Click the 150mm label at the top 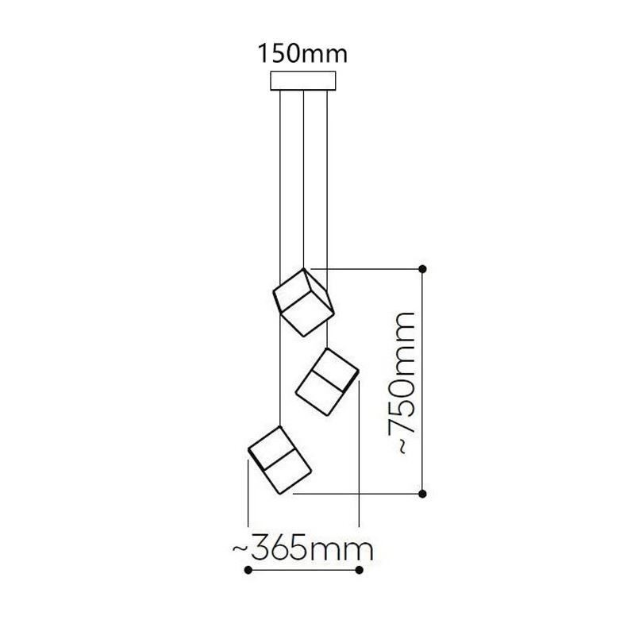point(302,54)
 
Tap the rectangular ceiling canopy point(303,82)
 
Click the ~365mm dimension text point(302,548)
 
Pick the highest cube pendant point(303,302)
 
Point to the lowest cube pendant point(279,460)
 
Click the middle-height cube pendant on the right point(327,381)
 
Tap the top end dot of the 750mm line point(423,269)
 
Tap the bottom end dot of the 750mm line point(423,494)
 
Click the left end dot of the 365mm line point(248,570)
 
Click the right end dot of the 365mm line point(360,570)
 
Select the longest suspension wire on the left point(280,262)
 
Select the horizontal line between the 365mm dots point(304,570)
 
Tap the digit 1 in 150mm point(263,54)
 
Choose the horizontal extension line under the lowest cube point(357,494)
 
